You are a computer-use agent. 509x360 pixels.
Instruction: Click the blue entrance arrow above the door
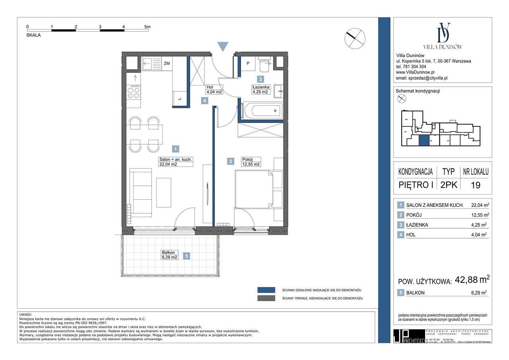223,47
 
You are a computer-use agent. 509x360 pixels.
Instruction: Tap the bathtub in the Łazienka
263,111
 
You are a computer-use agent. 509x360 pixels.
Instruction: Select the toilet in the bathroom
264,64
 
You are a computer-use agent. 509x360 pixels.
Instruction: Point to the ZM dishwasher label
167,63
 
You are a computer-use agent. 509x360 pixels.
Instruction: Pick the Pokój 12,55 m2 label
251,162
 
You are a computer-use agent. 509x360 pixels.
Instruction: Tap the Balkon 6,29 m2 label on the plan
169,255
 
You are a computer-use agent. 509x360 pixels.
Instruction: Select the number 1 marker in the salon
176,149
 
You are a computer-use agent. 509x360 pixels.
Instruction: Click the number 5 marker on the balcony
186,257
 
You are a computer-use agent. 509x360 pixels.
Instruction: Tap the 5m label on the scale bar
148,27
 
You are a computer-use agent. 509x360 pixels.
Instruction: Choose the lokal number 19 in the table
475,185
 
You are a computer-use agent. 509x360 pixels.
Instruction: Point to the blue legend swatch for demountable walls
266,290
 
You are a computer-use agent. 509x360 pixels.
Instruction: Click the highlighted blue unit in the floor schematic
424,140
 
